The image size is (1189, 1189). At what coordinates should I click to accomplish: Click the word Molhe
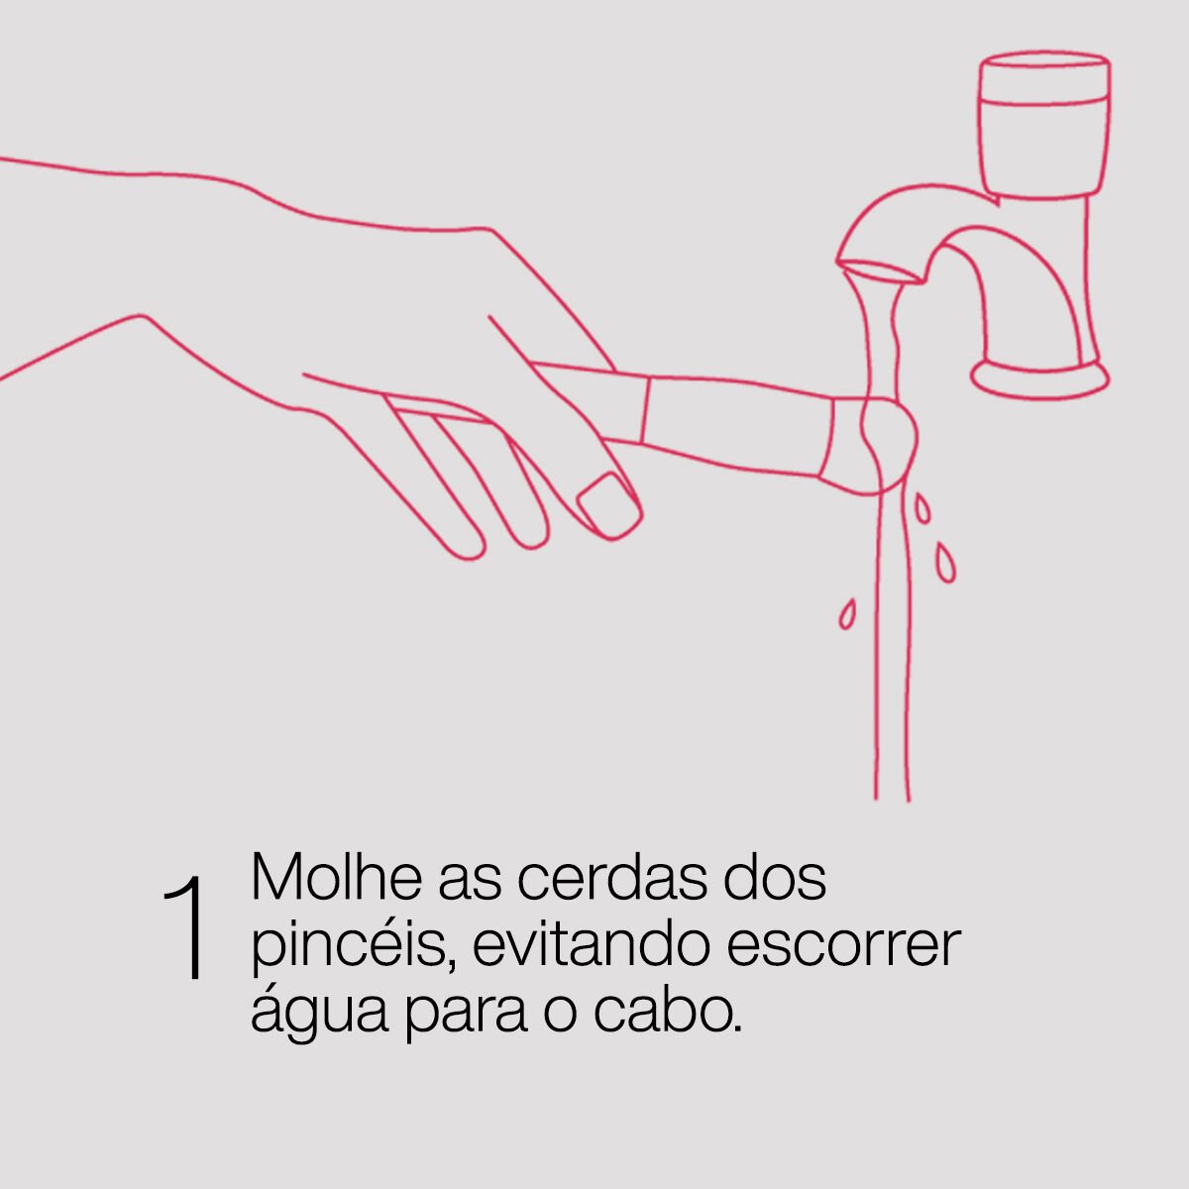[x=336, y=877]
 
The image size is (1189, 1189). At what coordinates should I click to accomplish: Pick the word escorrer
[x=844, y=947]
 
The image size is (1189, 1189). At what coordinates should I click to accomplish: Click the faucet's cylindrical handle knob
[x=1044, y=125]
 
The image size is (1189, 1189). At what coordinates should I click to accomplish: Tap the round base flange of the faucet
[x=1040, y=378]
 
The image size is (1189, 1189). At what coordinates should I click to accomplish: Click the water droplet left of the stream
[x=847, y=614]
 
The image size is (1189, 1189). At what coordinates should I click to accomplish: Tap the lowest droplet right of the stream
[x=946, y=562]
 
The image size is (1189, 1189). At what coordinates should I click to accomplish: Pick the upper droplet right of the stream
[x=921, y=508]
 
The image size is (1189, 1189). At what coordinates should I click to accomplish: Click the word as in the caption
[x=470, y=884]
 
